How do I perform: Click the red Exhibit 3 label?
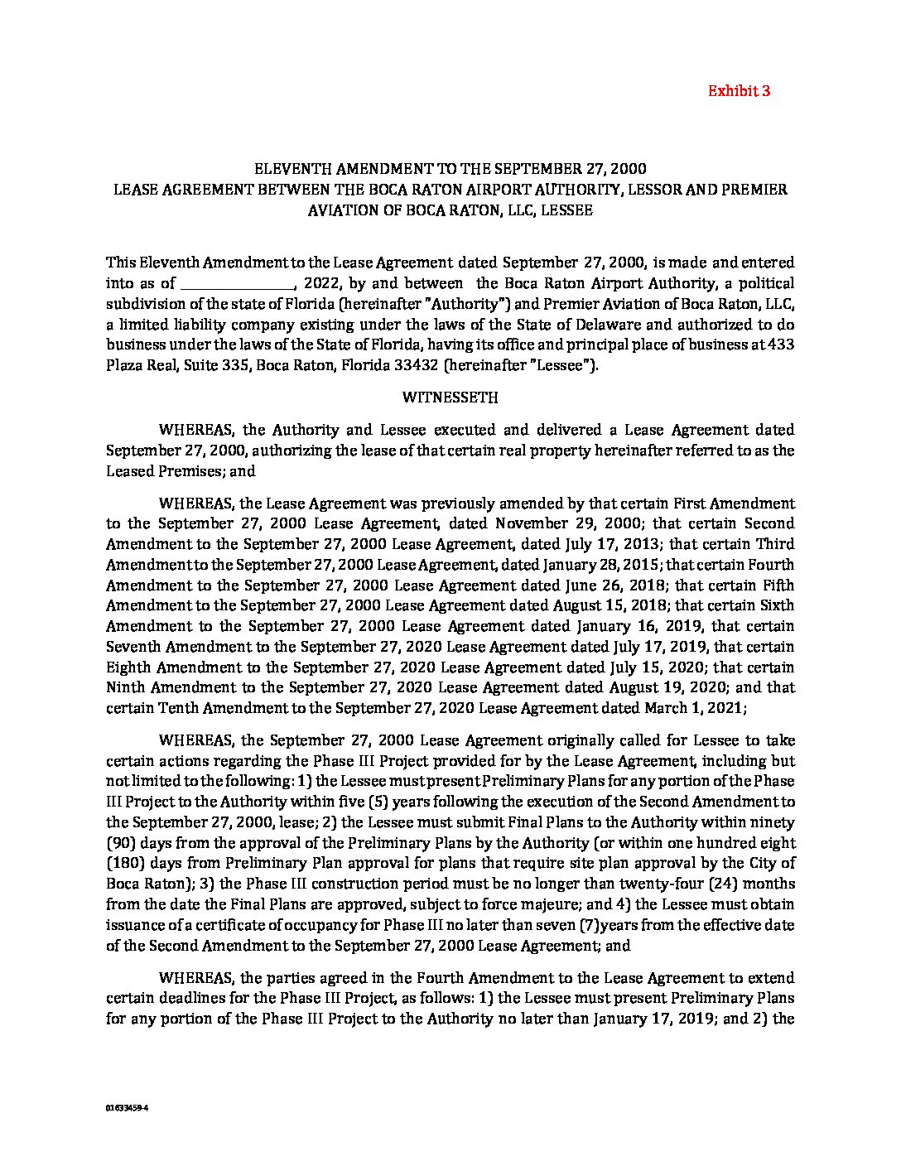tap(739, 91)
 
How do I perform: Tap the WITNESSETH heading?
tap(450, 397)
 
